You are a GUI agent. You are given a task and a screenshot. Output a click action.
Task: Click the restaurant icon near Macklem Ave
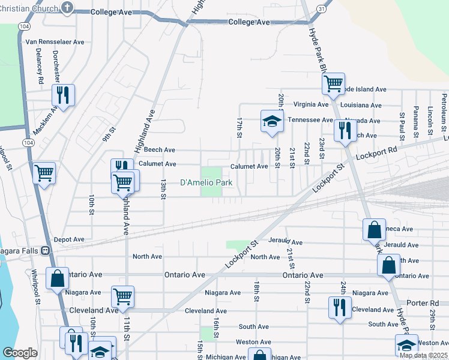click(63, 94)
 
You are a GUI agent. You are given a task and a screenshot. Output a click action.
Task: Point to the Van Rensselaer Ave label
click(55, 43)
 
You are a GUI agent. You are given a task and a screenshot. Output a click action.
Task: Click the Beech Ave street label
click(160, 149)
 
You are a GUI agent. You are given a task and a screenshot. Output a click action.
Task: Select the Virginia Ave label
click(311, 104)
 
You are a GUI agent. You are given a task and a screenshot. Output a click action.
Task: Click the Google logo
click(20, 353)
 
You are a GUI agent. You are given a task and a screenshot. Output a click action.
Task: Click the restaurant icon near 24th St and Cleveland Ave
click(340, 307)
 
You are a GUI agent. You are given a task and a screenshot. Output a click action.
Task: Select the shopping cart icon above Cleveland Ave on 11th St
click(122, 295)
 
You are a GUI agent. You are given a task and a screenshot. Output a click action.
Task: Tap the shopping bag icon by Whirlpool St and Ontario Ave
click(58, 278)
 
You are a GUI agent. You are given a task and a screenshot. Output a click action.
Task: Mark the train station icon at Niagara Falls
click(45, 250)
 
